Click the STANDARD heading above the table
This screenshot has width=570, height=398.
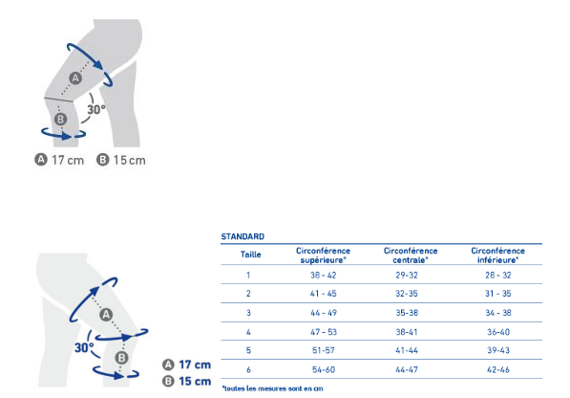click(243, 236)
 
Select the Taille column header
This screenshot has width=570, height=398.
click(250, 254)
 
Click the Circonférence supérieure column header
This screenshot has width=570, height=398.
click(323, 255)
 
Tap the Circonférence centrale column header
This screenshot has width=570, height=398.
click(411, 255)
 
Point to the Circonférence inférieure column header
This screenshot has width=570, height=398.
click(497, 255)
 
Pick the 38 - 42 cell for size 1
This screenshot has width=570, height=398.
click(323, 276)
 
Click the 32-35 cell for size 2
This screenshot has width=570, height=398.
click(407, 294)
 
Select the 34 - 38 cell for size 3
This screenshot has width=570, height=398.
click(498, 313)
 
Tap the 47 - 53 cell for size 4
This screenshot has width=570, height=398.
click(323, 332)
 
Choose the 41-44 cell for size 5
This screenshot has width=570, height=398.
click(407, 351)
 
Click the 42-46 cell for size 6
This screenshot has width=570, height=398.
click(498, 370)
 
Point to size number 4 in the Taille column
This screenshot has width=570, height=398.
click(248, 332)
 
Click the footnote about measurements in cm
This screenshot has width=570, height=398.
click(272, 388)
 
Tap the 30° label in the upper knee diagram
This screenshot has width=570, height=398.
click(96, 109)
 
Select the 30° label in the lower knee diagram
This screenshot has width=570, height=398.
click(84, 347)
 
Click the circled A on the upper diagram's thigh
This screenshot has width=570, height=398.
click(75, 77)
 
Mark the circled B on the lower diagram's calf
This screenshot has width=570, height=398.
click(122, 358)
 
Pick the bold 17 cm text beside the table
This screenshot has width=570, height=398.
click(195, 365)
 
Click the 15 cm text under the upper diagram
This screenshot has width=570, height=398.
click(130, 160)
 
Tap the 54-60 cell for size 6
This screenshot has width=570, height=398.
click(324, 370)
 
